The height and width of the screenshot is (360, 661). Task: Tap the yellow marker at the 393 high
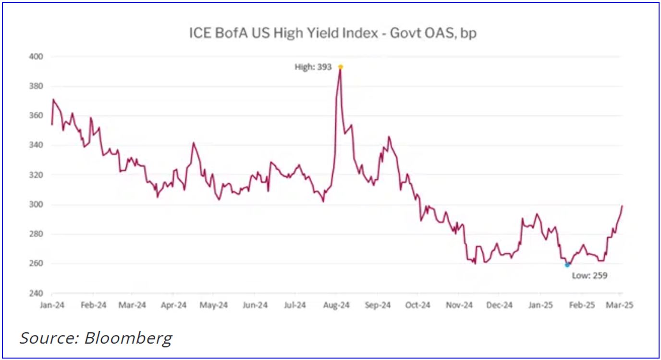tap(341, 67)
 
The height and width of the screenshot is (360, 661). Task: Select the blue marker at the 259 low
tap(567, 265)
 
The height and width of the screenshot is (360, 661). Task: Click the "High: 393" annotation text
tap(313, 67)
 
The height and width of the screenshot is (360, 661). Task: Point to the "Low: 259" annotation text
tap(589, 276)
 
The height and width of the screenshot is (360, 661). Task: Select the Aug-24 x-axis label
tap(337, 305)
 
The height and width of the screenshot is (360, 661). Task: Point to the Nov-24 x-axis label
tap(459, 305)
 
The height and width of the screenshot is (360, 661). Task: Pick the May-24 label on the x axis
tap(214, 305)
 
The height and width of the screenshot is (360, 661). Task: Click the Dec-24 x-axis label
tap(500, 305)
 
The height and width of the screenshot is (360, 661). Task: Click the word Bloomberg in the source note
tap(128, 338)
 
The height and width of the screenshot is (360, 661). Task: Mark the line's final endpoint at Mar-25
tap(622, 206)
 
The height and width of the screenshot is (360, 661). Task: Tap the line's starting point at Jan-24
tap(51, 124)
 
